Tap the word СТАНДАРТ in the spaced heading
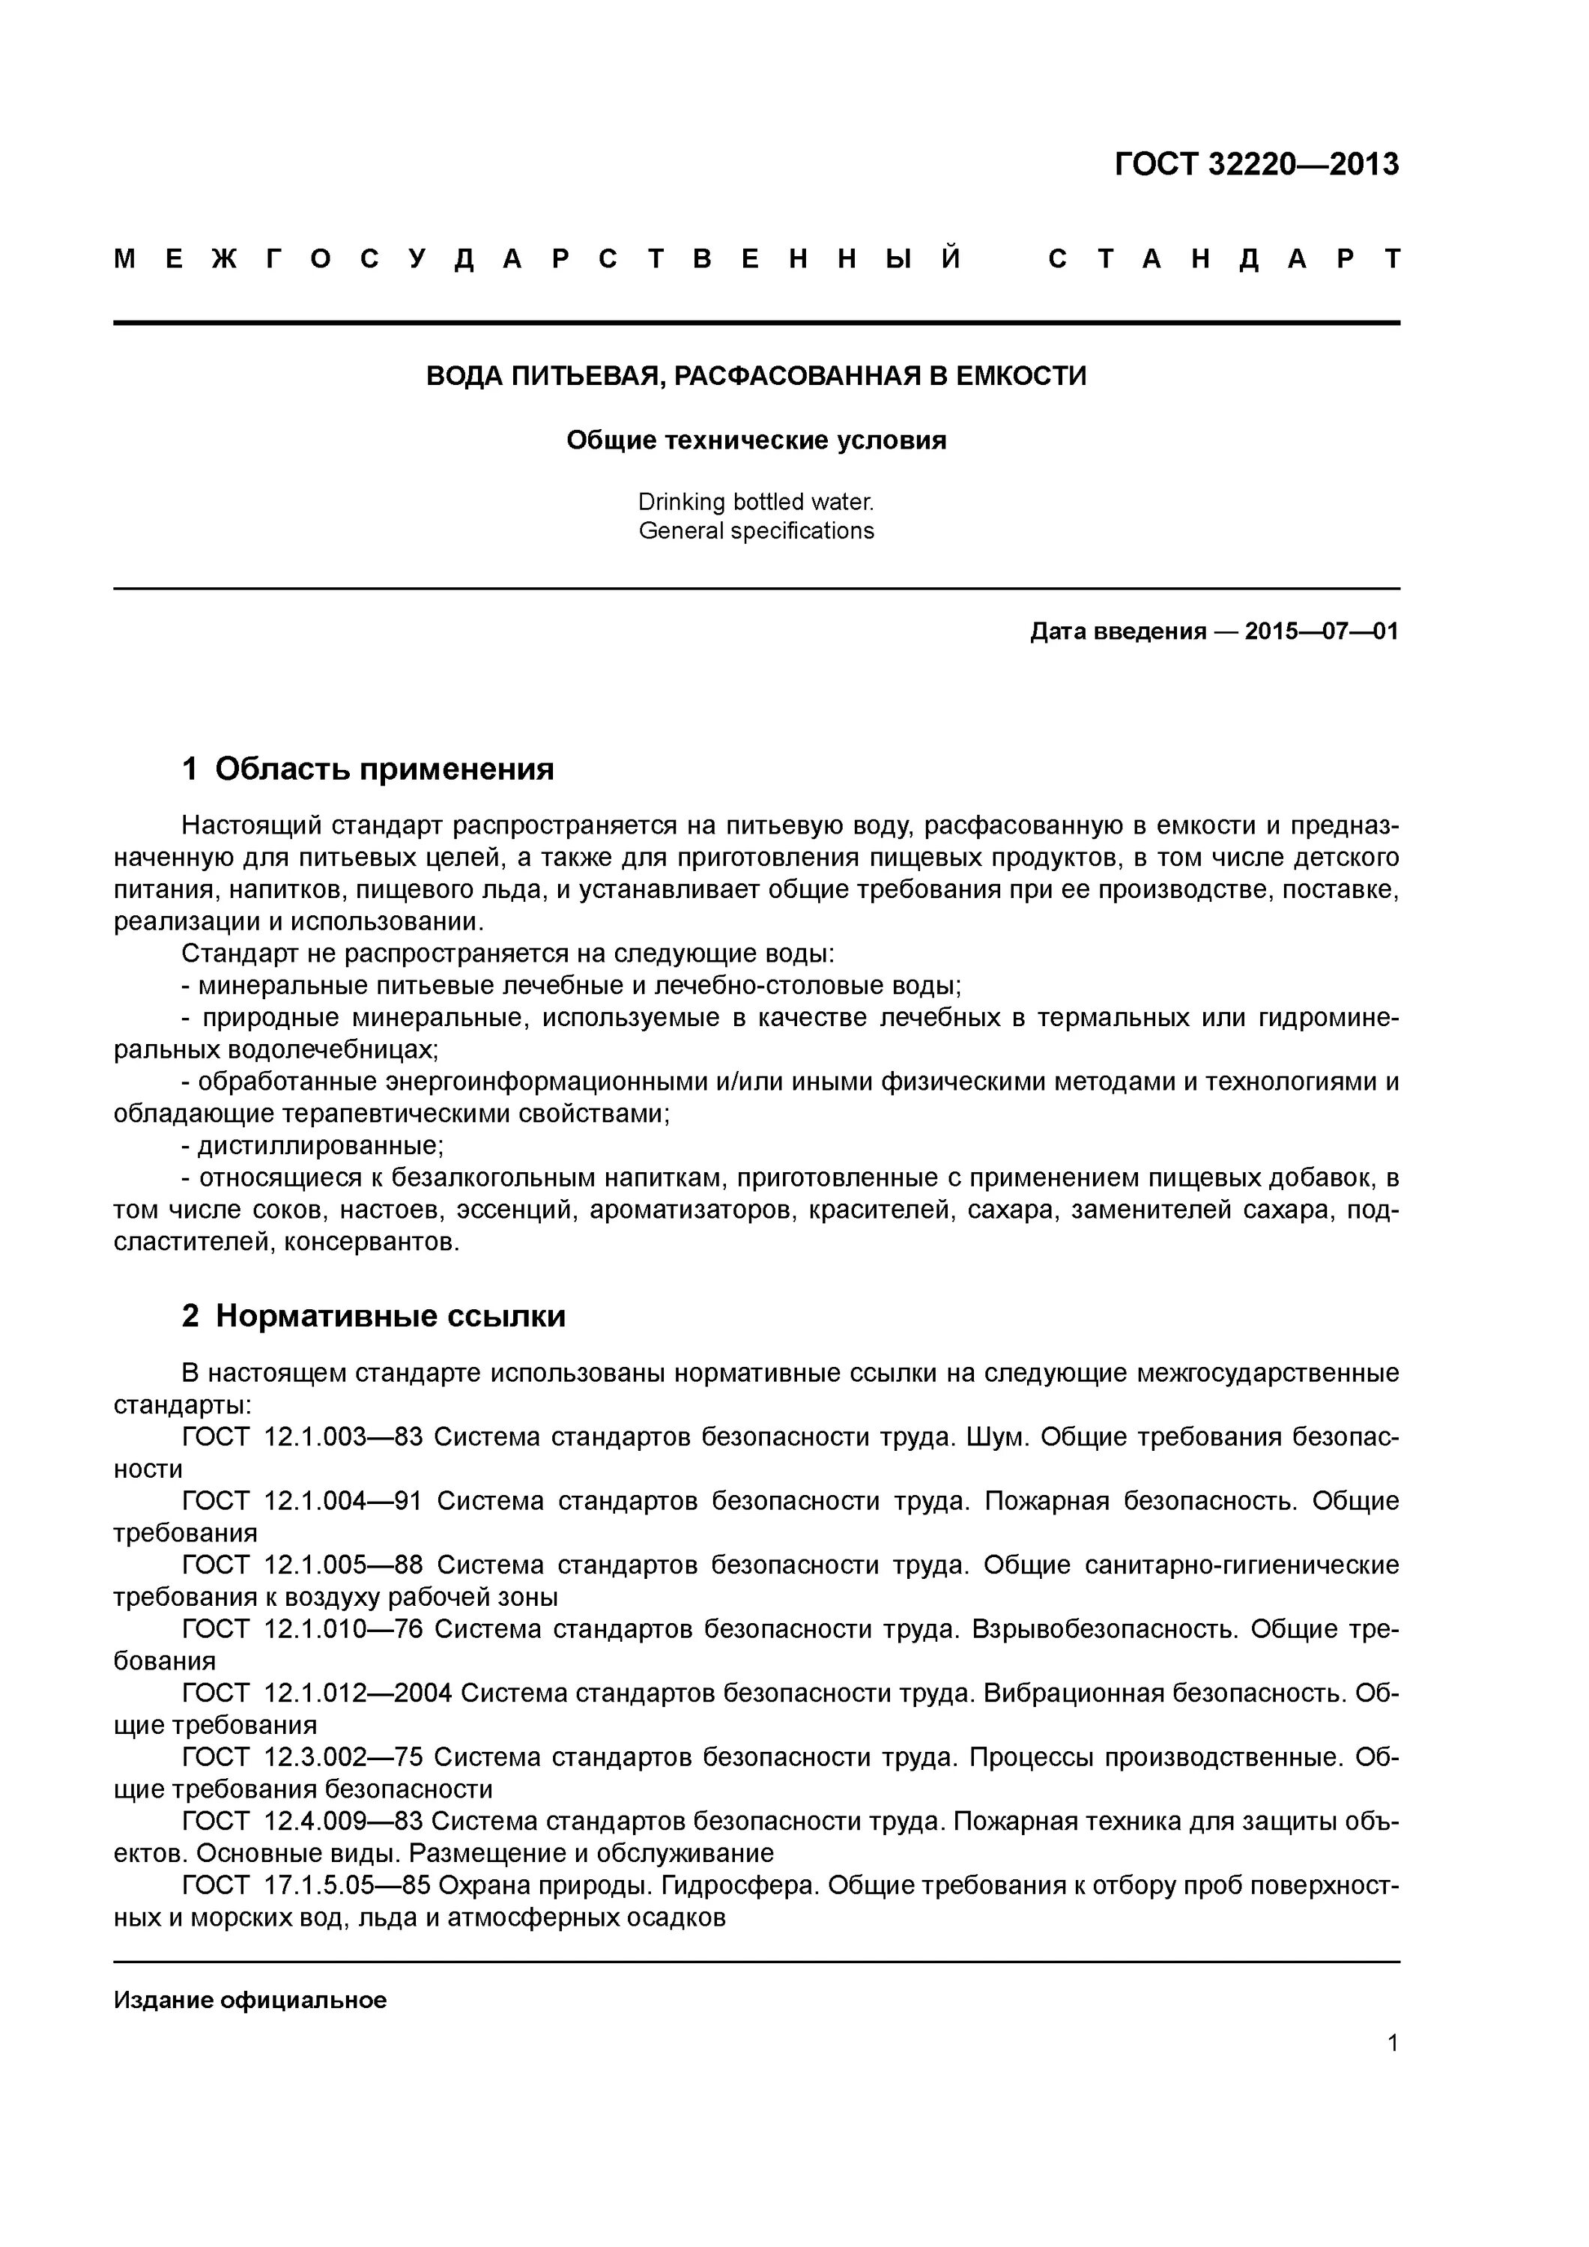pos(1224,259)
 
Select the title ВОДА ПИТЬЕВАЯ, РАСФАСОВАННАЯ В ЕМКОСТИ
pos(756,376)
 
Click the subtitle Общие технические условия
pos(756,440)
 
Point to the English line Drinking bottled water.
pos(756,502)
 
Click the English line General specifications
pos(756,530)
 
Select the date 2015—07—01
pos(1321,631)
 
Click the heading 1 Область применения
pos(368,768)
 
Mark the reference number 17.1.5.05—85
pos(348,1885)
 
